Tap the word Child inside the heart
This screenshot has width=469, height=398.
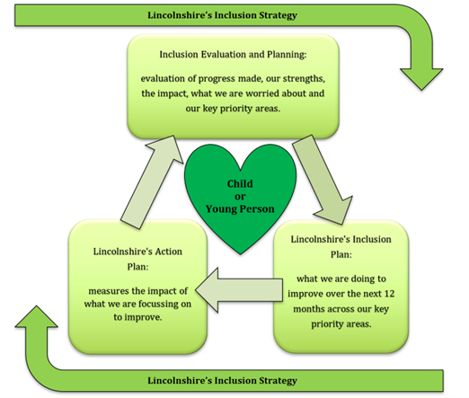pos(240,183)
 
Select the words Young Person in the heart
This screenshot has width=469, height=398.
pos(240,209)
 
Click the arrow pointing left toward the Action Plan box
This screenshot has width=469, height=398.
pos(239,290)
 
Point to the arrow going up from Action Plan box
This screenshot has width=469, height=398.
pos(152,181)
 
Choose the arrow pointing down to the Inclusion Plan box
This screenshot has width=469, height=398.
pos(323,180)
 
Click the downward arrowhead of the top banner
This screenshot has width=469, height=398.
pos(421,79)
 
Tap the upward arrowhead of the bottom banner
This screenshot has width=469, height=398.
pos(36,316)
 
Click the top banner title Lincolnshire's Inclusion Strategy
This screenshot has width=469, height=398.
pos(222,15)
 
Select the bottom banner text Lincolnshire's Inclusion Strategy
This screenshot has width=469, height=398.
pos(222,381)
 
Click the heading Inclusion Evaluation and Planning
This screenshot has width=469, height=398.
pos(233,55)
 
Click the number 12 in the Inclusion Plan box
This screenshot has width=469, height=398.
pos(389,294)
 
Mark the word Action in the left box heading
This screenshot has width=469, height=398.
pos(169,252)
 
